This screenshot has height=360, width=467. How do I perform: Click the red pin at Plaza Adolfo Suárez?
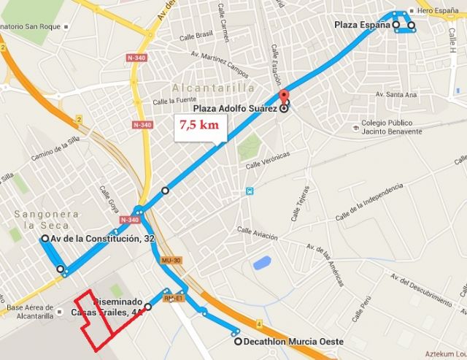click(x=284, y=96)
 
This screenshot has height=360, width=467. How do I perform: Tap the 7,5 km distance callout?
click(x=199, y=125)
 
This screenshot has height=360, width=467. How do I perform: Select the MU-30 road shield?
click(x=171, y=260)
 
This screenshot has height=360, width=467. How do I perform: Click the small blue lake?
click(x=260, y=261)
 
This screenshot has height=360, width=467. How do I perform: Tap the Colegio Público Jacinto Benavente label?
click(x=392, y=127)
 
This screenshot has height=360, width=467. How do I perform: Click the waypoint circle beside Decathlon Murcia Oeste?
click(x=238, y=341)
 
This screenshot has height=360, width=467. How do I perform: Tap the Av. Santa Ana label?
click(x=395, y=95)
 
